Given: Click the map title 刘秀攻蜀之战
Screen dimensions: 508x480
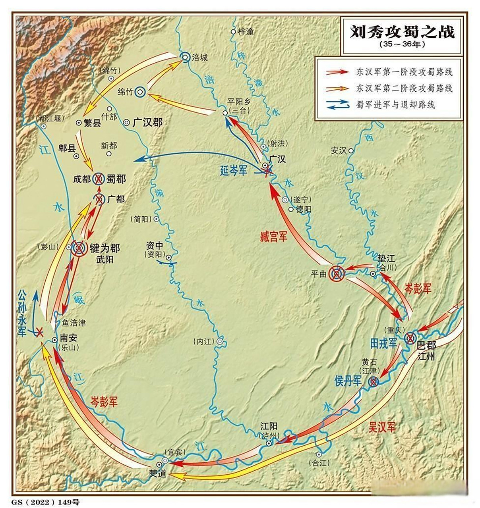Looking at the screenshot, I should coord(402,31).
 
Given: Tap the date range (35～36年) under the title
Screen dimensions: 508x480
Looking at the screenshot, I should coord(402,44).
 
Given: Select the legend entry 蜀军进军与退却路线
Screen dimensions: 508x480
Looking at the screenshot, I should coord(395,105).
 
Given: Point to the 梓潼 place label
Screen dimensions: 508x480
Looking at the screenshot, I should coord(246,31).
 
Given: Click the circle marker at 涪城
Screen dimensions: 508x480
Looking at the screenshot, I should coord(185,57).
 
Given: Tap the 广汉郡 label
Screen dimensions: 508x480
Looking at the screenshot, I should coord(147,122).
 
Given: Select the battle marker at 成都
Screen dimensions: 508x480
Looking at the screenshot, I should coord(98,179).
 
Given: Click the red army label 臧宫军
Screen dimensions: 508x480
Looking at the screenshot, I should coord(274,237).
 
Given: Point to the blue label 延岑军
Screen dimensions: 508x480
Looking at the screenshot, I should coord(234,171).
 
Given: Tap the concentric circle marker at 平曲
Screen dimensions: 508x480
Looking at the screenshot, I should coord(337,273).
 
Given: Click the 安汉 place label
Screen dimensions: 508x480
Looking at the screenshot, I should coord(339,150).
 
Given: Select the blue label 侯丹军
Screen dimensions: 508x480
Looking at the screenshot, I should coord(348,380).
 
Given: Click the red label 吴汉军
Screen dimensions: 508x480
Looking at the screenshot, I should coord(381,427).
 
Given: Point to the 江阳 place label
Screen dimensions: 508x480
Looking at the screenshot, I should coord(269,426).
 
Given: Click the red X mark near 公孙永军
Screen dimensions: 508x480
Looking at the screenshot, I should coord(39,333).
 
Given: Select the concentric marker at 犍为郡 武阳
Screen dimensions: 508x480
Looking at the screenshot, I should coord(79,248).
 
